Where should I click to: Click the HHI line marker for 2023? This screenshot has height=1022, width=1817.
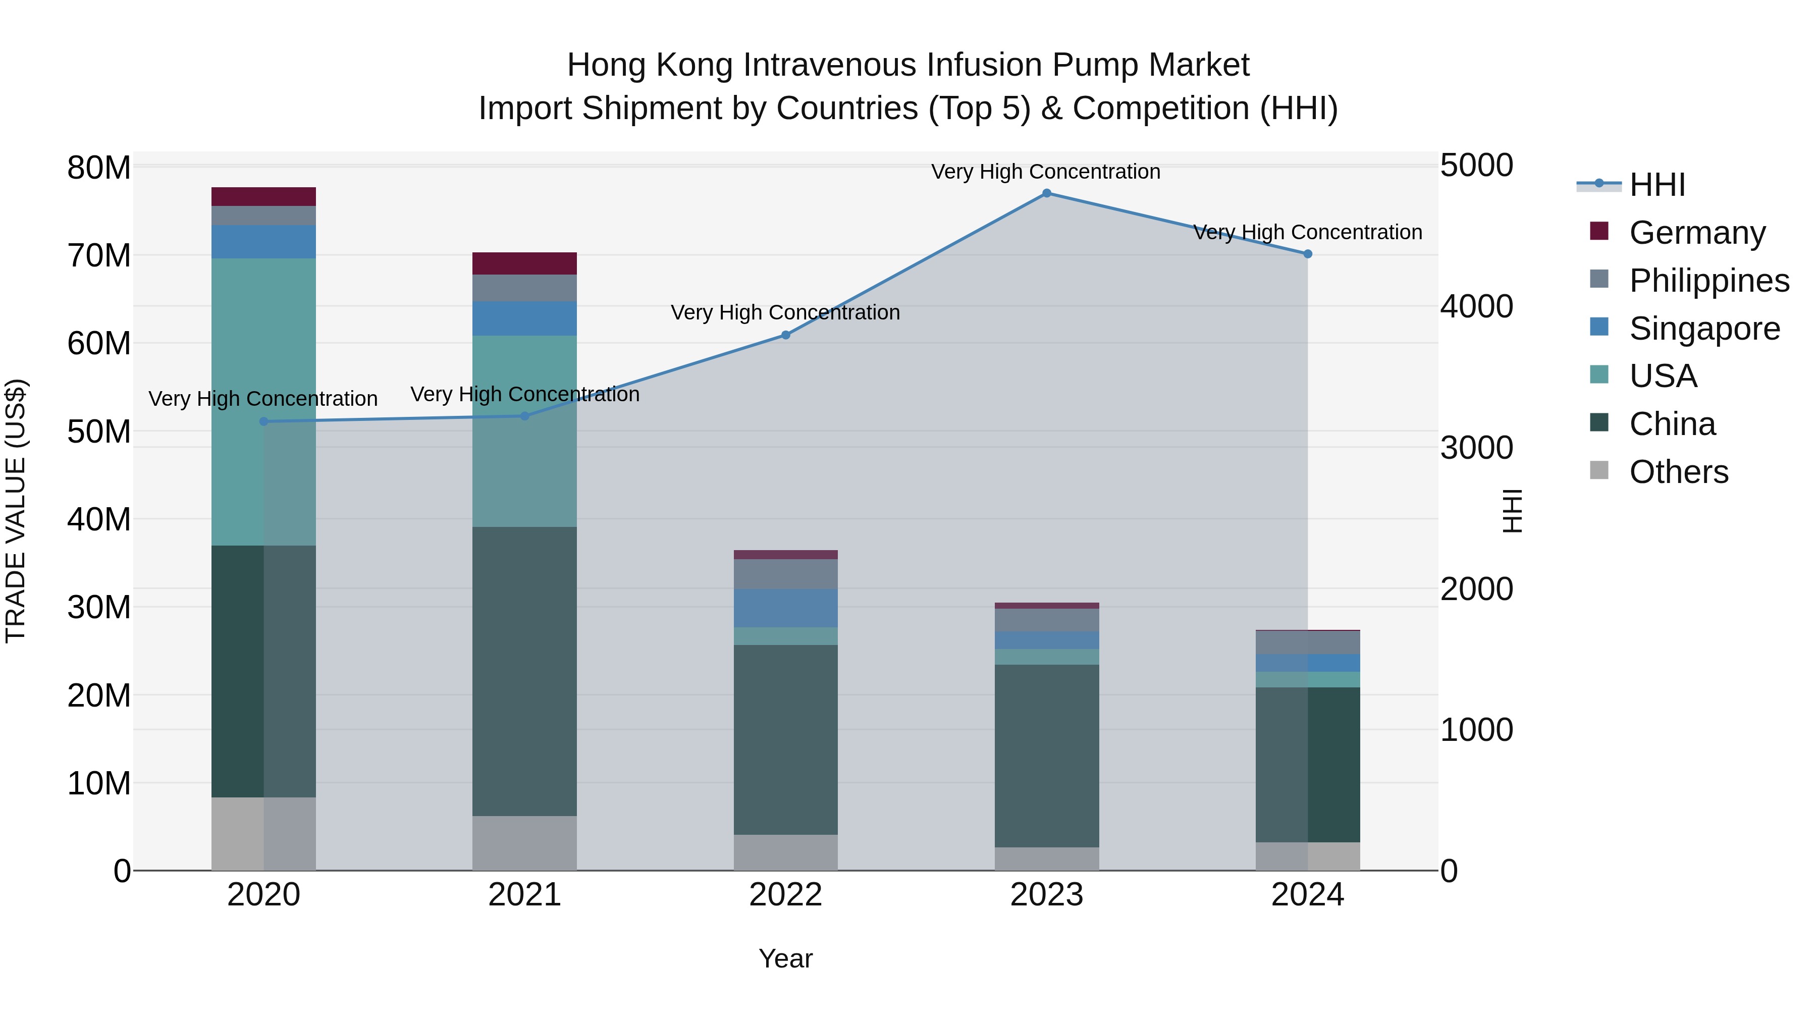tap(1047, 193)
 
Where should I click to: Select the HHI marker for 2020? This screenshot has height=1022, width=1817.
tap(264, 422)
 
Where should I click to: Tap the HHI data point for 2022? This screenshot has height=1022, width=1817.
tap(786, 335)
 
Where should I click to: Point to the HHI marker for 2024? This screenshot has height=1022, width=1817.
tap(1308, 254)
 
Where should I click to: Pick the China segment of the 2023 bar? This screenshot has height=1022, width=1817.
tap(1047, 756)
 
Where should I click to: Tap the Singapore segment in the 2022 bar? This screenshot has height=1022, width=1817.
tap(786, 608)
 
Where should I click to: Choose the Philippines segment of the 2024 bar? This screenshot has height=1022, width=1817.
tap(1308, 642)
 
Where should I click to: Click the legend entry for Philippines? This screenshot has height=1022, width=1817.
tap(1708, 281)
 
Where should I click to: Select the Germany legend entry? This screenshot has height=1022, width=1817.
tap(1696, 233)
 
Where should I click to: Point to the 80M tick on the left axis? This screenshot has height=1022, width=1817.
tap(99, 168)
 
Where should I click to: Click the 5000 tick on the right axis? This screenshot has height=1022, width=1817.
tap(1476, 166)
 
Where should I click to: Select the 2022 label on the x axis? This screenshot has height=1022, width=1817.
tap(786, 895)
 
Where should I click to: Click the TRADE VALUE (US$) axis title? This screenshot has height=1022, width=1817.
tap(16, 511)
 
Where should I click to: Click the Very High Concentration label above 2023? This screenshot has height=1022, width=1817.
tap(1046, 172)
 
